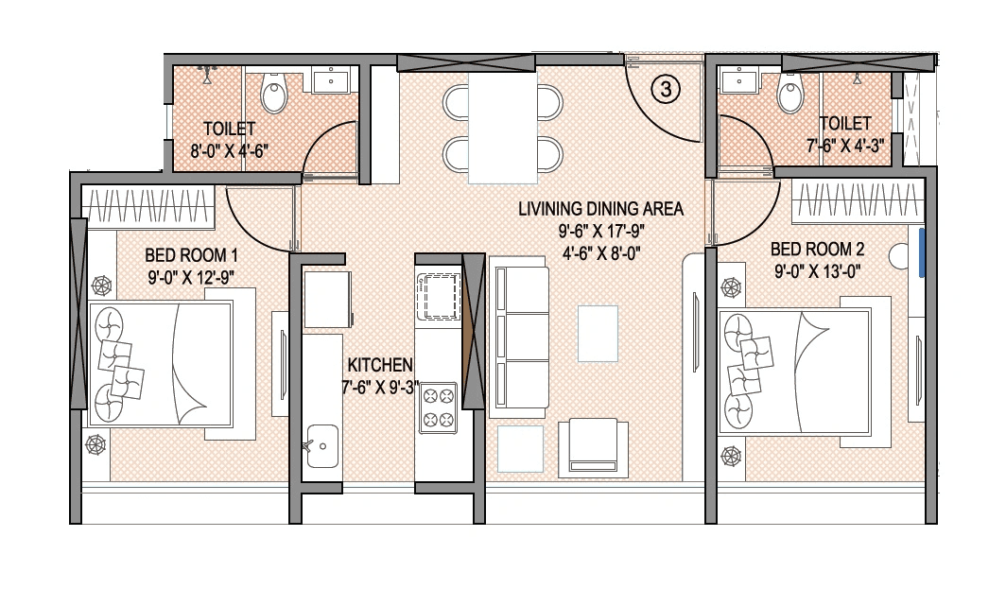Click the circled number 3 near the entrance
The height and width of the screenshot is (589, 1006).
666,90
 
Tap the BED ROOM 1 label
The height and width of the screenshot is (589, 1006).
191,255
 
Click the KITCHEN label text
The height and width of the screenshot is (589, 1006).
380,365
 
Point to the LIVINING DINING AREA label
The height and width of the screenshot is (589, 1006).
600,209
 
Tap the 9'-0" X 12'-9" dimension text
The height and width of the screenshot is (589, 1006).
191,277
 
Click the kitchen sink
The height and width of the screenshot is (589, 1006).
322,444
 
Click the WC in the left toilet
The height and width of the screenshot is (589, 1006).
274,95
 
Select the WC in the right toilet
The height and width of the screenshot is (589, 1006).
790,92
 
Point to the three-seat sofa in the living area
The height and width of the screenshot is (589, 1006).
520,340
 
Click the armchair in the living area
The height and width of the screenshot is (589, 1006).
593,446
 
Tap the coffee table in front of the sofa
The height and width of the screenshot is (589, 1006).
598,332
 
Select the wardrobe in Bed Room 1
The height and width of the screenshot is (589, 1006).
149,205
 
